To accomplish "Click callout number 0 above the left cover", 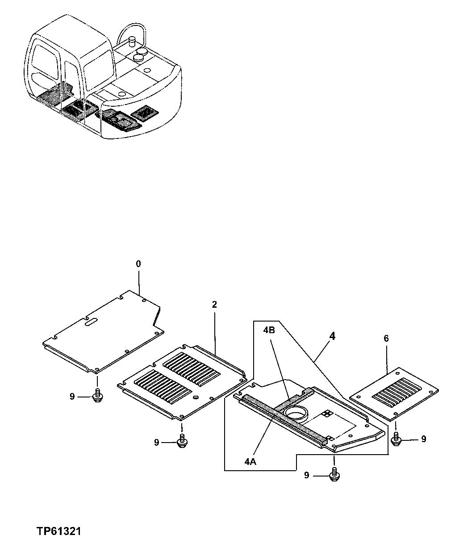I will click(x=138, y=264).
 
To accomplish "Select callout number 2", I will click(x=214, y=305).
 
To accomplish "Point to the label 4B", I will click(x=269, y=330).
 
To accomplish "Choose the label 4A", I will click(x=250, y=463).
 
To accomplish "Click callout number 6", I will click(x=386, y=339).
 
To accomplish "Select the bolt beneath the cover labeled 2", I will click(x=182, y=442).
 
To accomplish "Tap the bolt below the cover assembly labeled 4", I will click(x=334, y=476).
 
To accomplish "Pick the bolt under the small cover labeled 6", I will click(x=396, y=439).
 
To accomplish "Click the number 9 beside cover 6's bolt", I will click(x=423, y=439).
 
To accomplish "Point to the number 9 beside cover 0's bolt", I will click(x=72, y=396).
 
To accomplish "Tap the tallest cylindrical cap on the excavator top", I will click(x=132, y=43).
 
